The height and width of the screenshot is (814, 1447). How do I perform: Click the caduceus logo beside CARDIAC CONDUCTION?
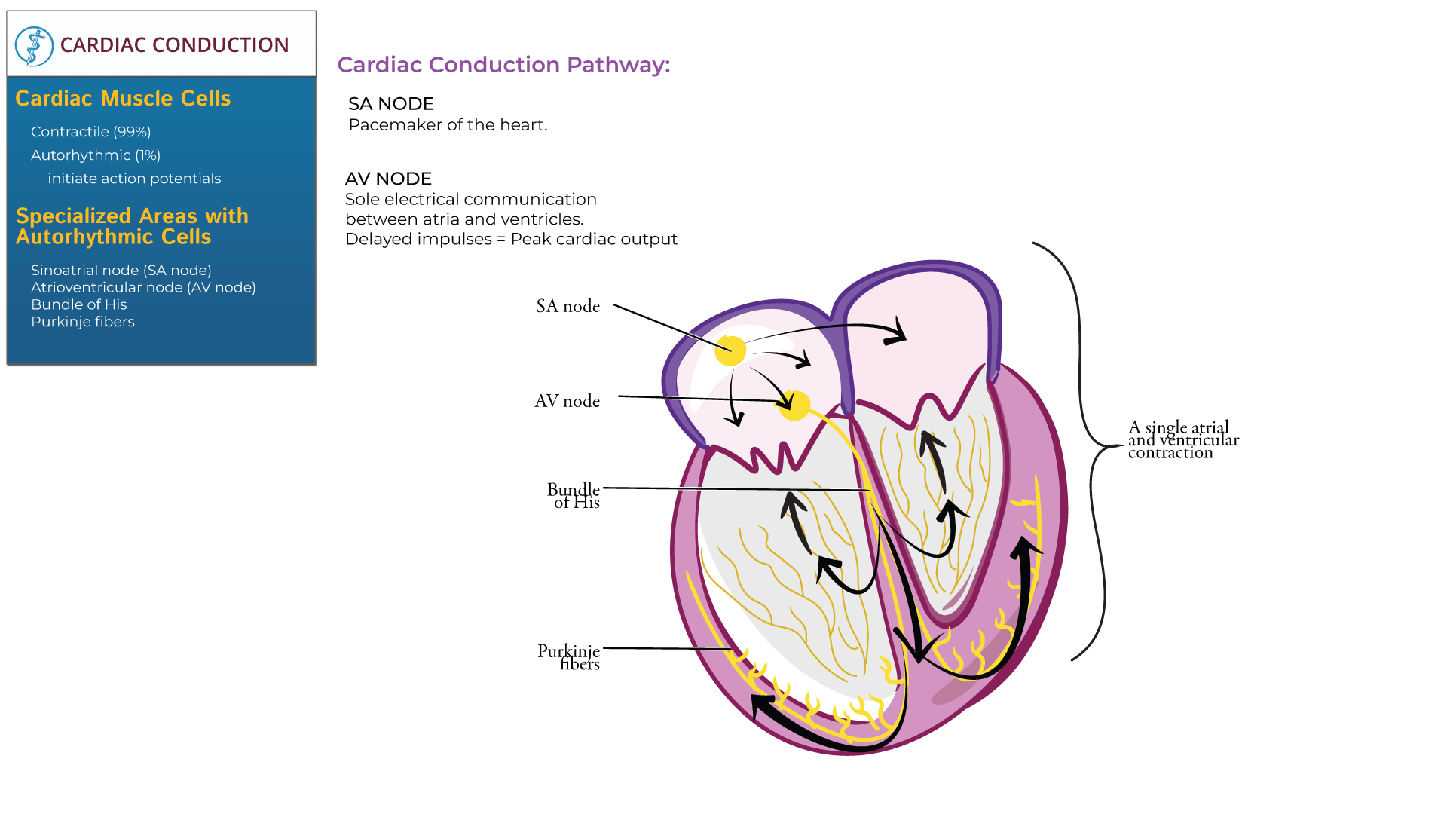pos(34,46)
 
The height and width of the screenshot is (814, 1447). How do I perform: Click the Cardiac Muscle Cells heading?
pos(123,99)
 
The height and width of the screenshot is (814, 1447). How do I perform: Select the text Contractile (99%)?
pos(91,132)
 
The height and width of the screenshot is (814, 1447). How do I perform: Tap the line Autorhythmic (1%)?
pos(96,155)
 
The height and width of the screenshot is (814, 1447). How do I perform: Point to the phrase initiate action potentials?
pos(134,179)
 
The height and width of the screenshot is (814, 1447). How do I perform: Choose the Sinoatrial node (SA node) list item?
pos(121,270)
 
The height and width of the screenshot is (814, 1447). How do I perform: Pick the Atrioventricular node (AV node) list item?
pos(143,287)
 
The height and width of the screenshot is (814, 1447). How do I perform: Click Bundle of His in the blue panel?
pos(79,304)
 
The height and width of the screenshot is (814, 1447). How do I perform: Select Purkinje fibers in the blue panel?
pos(83,322)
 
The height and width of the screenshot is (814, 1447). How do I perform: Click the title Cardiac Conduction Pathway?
pos(503,65)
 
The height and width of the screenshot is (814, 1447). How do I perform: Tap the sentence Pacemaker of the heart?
pos(448,125)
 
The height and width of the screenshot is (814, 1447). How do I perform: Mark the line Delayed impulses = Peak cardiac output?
pos(511,239)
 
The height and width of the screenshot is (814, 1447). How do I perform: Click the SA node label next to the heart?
pos(568,306)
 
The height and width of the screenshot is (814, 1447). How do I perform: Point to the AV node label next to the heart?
pos(567,401)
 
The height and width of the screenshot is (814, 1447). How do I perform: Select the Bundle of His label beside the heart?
pos(574,496)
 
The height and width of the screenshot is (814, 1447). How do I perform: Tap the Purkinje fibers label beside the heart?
pos(569,657)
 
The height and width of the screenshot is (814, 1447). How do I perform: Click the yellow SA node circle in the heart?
pos(730,350)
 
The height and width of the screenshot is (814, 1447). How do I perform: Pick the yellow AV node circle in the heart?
pos(794,405)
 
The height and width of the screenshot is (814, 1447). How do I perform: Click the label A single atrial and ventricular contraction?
pos(1182,440)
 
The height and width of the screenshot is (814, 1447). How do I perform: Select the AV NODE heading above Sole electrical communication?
pos(388,179)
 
